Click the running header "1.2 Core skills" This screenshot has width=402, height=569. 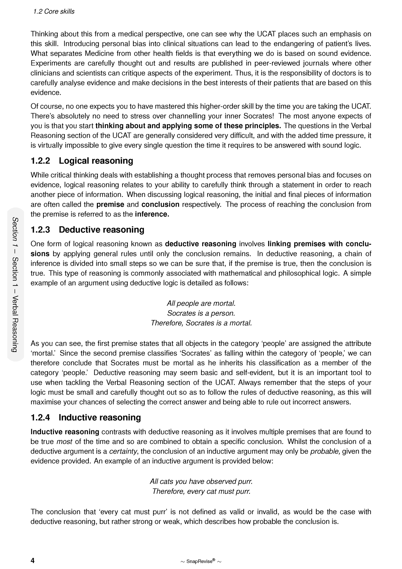click(x=54, y=11)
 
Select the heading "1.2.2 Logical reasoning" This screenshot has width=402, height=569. click(x=82, y=161)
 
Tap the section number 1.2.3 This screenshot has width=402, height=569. click(x=40, y=229)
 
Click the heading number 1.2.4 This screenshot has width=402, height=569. click(x=40, y=417)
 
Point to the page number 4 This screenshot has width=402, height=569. click(x=33, y=560)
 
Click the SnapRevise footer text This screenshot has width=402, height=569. click(x=201, y=561)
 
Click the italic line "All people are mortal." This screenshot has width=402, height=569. click(x=201, y=303)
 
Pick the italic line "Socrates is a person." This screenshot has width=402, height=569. click(x=201, y=313)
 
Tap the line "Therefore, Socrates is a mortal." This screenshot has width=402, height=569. click(x=201, y=323)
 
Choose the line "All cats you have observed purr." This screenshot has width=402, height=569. click(x=201, y=481)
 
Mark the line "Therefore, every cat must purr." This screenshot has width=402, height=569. click(x=201, y=491)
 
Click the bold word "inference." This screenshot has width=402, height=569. click(x=152, y=214)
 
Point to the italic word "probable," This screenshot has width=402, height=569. click(x=325, y=451)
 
